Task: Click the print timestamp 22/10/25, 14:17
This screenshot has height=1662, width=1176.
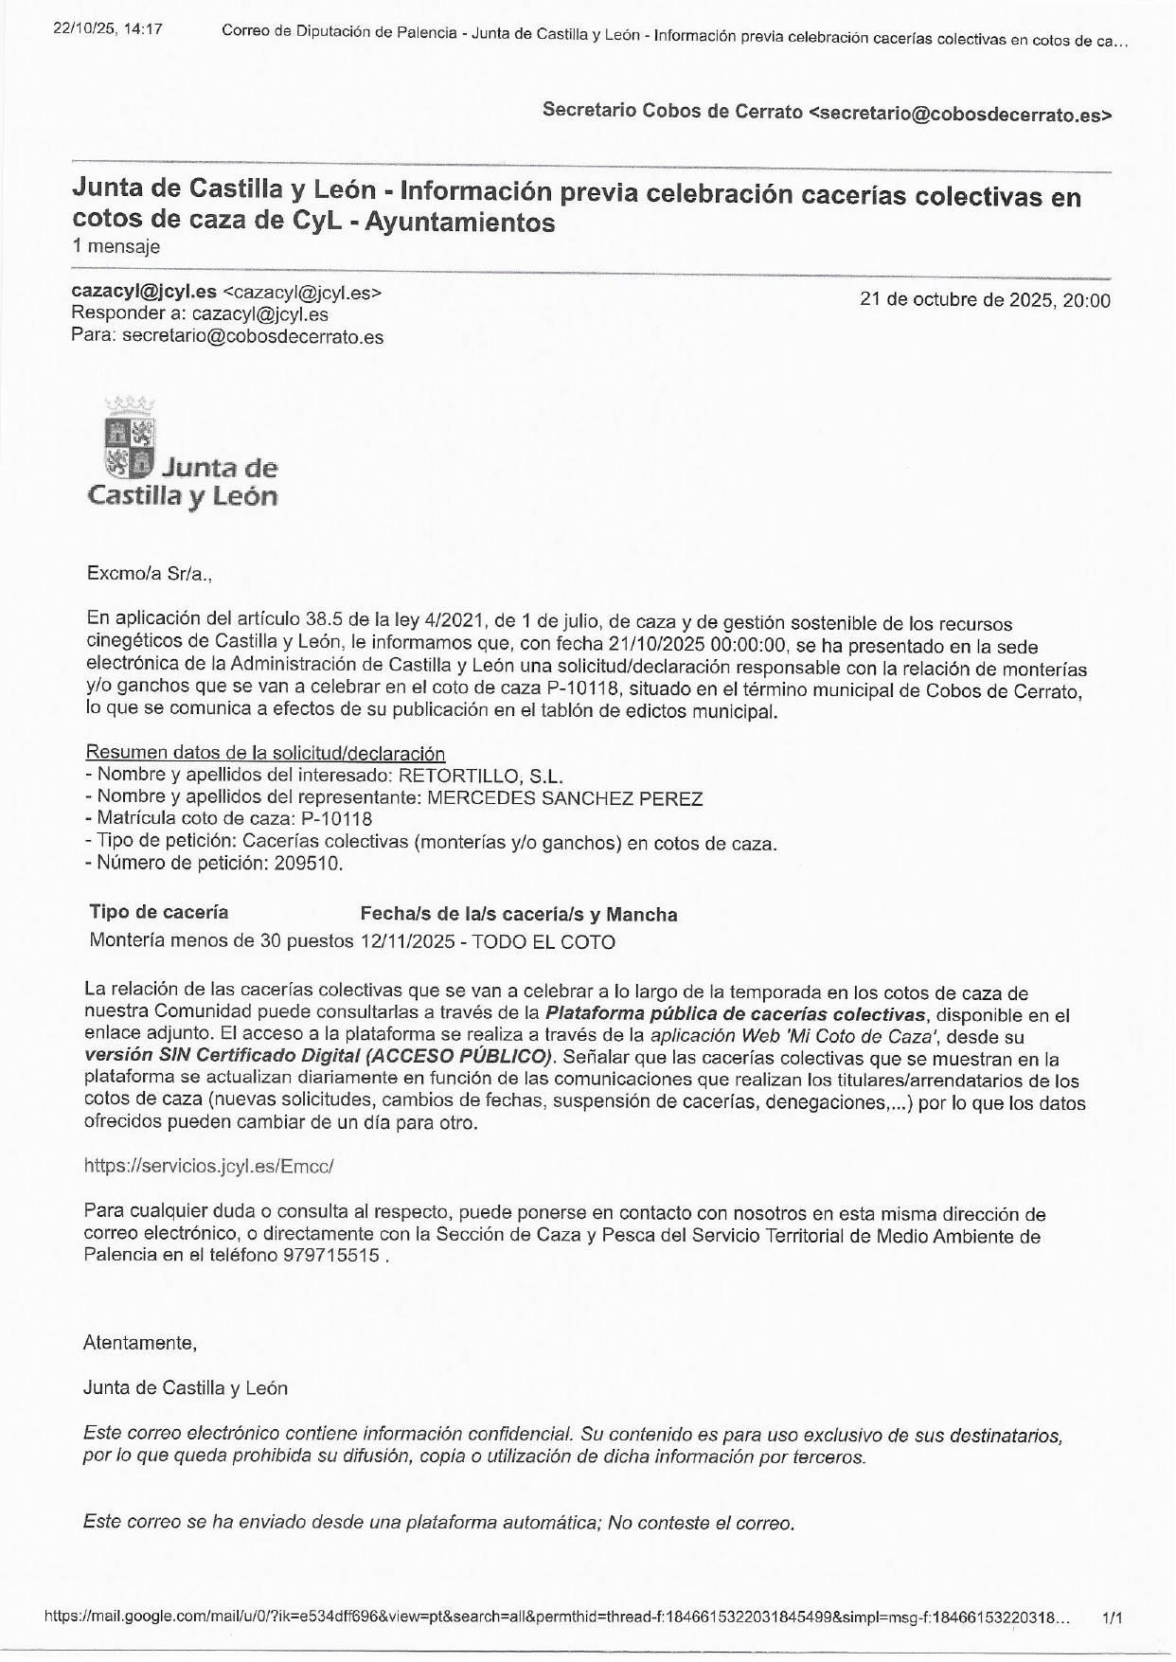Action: (x=107, y=29)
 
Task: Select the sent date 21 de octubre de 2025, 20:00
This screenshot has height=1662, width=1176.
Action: (x=985, y=300)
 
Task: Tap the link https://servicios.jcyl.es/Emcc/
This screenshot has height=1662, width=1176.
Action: (x=208, y=1166)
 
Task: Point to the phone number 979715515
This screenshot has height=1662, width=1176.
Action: (x=330, y=1256)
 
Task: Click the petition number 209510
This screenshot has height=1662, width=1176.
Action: (x=308, y=864)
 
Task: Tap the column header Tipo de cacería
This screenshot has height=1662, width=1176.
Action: (x=158, y=912)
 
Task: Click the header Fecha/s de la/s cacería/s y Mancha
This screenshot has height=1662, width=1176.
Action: (x=518, y=915)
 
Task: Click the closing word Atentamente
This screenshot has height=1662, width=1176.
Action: (x=139, y=1342)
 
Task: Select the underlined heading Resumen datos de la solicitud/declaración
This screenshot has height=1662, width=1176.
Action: (x=265, y=753)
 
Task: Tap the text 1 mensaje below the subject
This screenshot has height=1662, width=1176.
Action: (x=116, y=247)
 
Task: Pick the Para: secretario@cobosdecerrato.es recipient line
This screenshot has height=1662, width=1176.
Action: (x=227, y=336)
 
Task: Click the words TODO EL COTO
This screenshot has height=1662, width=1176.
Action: (x=543, y=942)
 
